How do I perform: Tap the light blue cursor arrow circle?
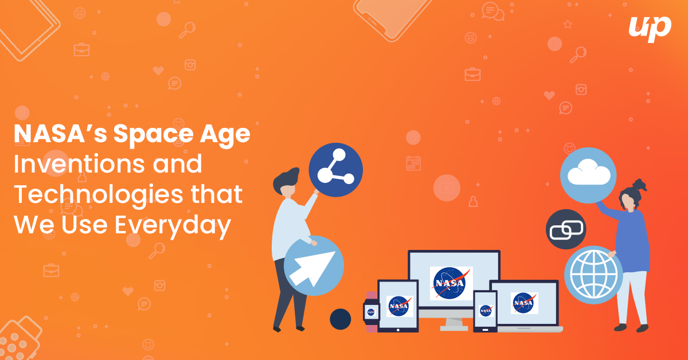click(314, 265)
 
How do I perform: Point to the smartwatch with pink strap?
click(370, 311)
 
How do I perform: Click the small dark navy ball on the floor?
click(341, 319)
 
